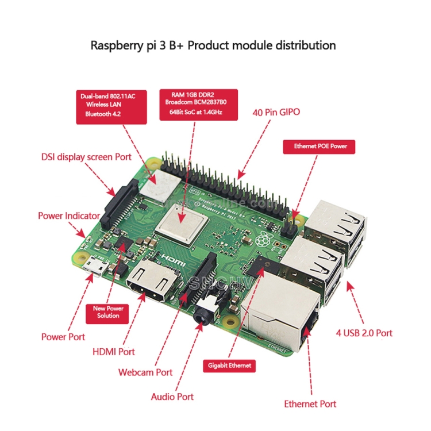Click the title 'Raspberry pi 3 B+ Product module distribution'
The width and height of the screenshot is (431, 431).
coord(213,45)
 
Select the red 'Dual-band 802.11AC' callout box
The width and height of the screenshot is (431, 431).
coord(109,106)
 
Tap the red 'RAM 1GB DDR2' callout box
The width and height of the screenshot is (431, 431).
coord(199,104)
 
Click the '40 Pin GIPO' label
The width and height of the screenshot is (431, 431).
coord(276,113)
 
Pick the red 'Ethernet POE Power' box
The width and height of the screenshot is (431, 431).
coord(320,147)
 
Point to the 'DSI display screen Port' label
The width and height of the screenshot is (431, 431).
coord(86,156)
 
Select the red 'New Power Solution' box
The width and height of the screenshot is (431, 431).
coord(108,312)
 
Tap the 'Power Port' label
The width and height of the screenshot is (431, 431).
coord(63,337)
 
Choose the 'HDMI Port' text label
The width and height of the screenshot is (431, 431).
coord(114,352)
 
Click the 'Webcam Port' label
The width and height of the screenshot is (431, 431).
coord(145,372)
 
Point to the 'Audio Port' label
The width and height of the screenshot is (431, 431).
coord(172,397)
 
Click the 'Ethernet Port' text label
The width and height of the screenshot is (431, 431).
coord(310,404)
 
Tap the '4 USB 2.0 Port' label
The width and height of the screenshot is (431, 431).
coord(364,333)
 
